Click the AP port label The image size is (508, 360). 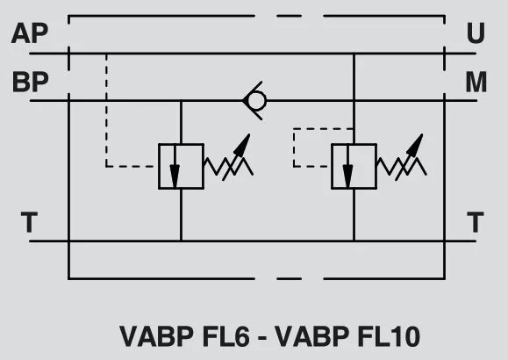pyautogui.click(x=30, y=32)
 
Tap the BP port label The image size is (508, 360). pyautogui.click(x=30, y=82)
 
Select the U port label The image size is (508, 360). pyautogui.click(x=476, y=32)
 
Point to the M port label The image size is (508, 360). pyautogui.click(x=476, y=82)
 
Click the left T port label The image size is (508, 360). pyautogui.click(x=29, y=222)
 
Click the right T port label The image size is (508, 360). pyautogui.click(x=476, y=222)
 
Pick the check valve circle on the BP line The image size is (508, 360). pyautogui.click(x=256, y=101)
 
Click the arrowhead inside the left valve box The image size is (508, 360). pyautogui.click(x=175, y=176)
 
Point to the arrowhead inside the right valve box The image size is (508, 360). pyautogui.click(x=347, y=176)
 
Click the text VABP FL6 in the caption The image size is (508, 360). pyautogui.click(x=184, y=336)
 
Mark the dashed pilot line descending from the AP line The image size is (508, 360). pyautogui.click(x=106, y=111)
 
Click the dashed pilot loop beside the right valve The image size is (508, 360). pyautogui.click(x=294, y=148)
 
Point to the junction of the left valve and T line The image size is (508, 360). pyautogui.click(x=181, y=241)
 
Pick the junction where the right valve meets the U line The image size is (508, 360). pyautogui.click(x=354, y=54)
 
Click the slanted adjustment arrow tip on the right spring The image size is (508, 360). pyautogui.click(x=422, y=134)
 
